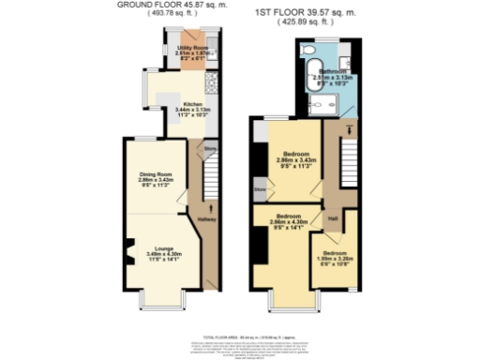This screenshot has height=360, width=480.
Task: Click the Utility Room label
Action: point(191,52)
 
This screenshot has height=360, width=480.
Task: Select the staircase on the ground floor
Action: point(211,174)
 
